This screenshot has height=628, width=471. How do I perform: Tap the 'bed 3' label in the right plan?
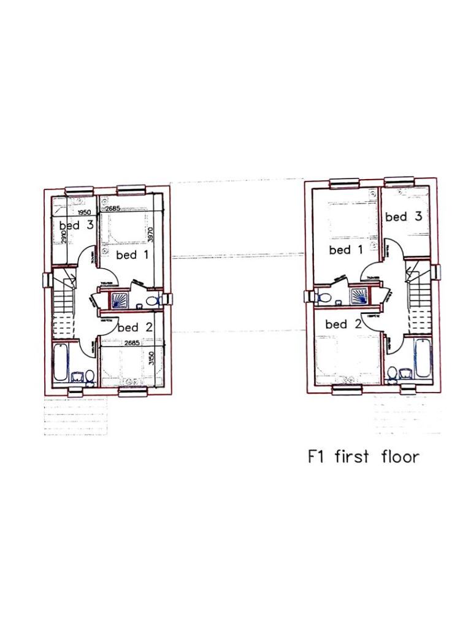[x=404, y=216]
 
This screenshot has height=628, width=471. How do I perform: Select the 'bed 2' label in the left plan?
[x=135, y=327]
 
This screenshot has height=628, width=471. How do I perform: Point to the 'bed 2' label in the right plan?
[x=344, y=324]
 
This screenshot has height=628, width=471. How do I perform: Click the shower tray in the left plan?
[x=118, y=300]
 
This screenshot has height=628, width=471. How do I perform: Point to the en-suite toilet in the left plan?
[x=154, y=300]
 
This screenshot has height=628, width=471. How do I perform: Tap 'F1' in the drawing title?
[x=316, y=457]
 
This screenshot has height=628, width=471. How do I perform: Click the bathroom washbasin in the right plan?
[x=405, y=373]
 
